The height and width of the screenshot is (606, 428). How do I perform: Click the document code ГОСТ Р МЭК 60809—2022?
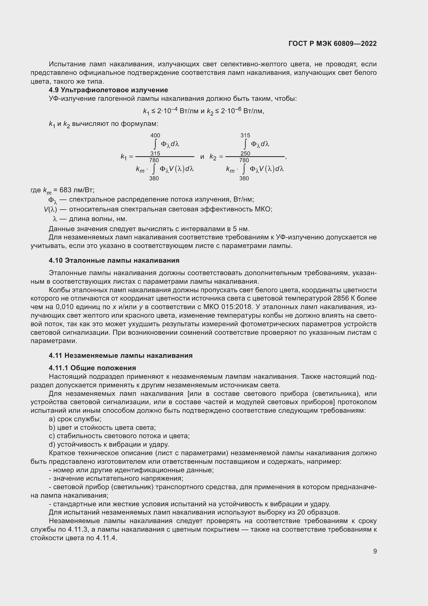332,44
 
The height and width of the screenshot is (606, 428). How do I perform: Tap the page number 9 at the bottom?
375,551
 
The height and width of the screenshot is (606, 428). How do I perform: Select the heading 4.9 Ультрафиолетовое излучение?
108,90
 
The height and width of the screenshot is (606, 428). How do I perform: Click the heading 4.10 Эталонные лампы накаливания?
114,260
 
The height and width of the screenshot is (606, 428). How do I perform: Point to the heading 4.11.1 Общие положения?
92,368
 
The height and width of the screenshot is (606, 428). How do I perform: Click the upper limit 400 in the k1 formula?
155,136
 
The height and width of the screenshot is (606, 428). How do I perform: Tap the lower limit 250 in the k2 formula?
245,153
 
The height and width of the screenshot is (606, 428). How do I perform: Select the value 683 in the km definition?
65,190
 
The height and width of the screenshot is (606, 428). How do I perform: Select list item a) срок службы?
75,419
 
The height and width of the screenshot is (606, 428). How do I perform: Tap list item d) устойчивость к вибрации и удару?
109,445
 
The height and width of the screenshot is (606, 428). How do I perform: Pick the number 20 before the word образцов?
301,512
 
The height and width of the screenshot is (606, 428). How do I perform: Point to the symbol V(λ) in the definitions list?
50,209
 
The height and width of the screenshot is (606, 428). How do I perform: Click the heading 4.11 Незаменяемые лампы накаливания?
120,355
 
